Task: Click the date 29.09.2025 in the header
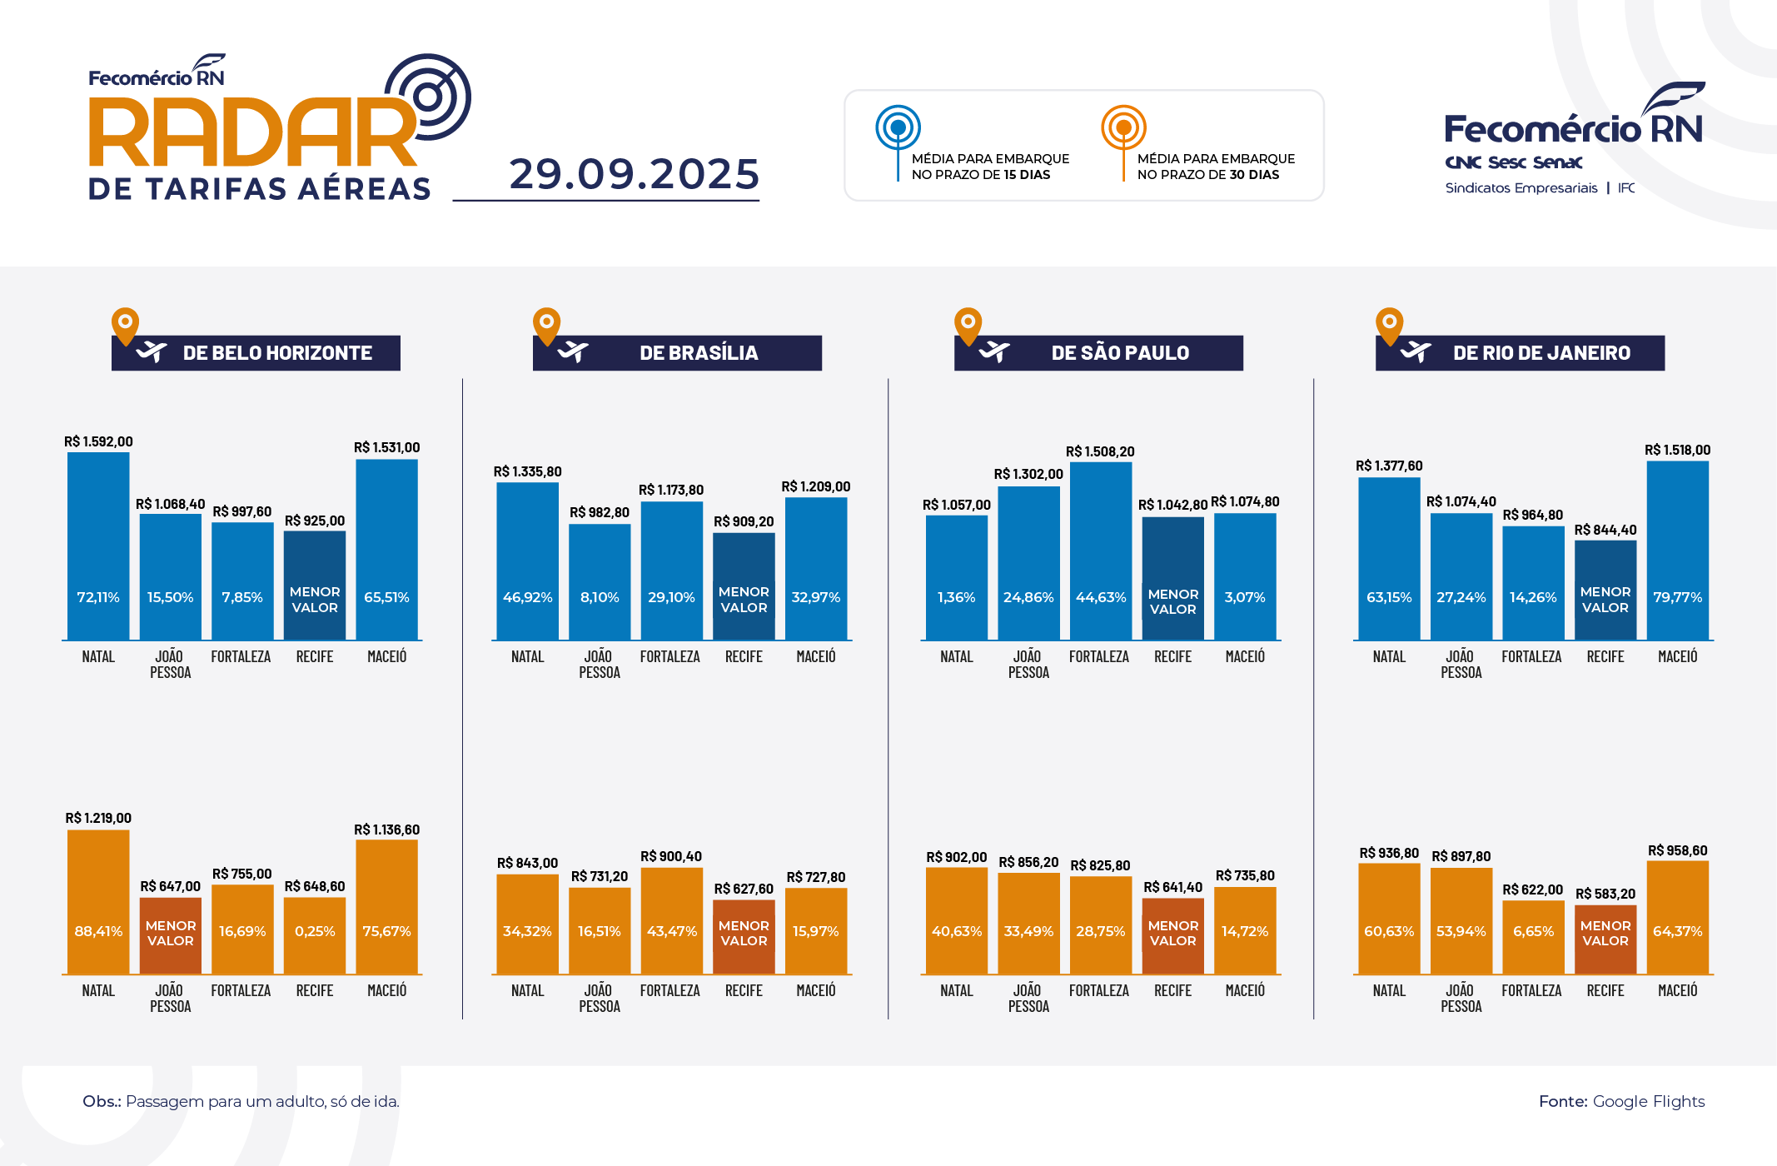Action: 635,174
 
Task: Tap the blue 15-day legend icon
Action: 898,129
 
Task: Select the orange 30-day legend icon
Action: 1123,128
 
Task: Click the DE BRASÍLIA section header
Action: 677,353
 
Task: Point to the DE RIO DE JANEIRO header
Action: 1520,353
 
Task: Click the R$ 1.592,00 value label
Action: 98,441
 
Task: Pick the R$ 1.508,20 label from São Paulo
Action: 1100,451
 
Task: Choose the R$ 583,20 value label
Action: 1605,894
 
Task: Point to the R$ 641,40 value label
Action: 1172,887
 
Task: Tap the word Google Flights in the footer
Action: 1648,1101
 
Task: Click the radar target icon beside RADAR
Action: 429,97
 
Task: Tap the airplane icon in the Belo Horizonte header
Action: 152,352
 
